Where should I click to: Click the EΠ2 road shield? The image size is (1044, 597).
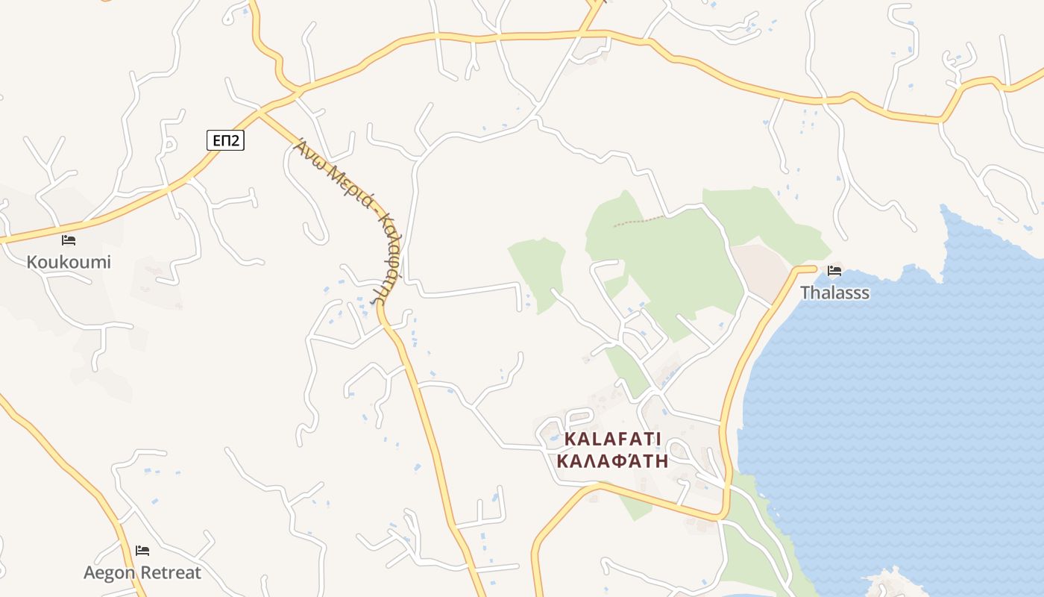(x=225, y=140)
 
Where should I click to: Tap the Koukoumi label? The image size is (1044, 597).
(x=69, y=262)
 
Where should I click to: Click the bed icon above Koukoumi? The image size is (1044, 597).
(x=69, y=240)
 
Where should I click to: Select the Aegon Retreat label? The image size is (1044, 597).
(x=142, y=573)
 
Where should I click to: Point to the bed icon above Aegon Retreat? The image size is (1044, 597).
(x=142, y=551)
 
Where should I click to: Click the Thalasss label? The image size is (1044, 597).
(x=834, y=293)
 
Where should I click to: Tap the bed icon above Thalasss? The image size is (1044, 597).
(x=834, y=271)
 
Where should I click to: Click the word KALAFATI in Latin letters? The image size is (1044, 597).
(x=612, y=439)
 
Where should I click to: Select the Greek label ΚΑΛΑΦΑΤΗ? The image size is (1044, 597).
(x=612, y=460)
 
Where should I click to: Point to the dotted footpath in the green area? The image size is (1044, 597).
(x=638, y=221)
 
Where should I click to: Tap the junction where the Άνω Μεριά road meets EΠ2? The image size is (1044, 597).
(x=260, y=112)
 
